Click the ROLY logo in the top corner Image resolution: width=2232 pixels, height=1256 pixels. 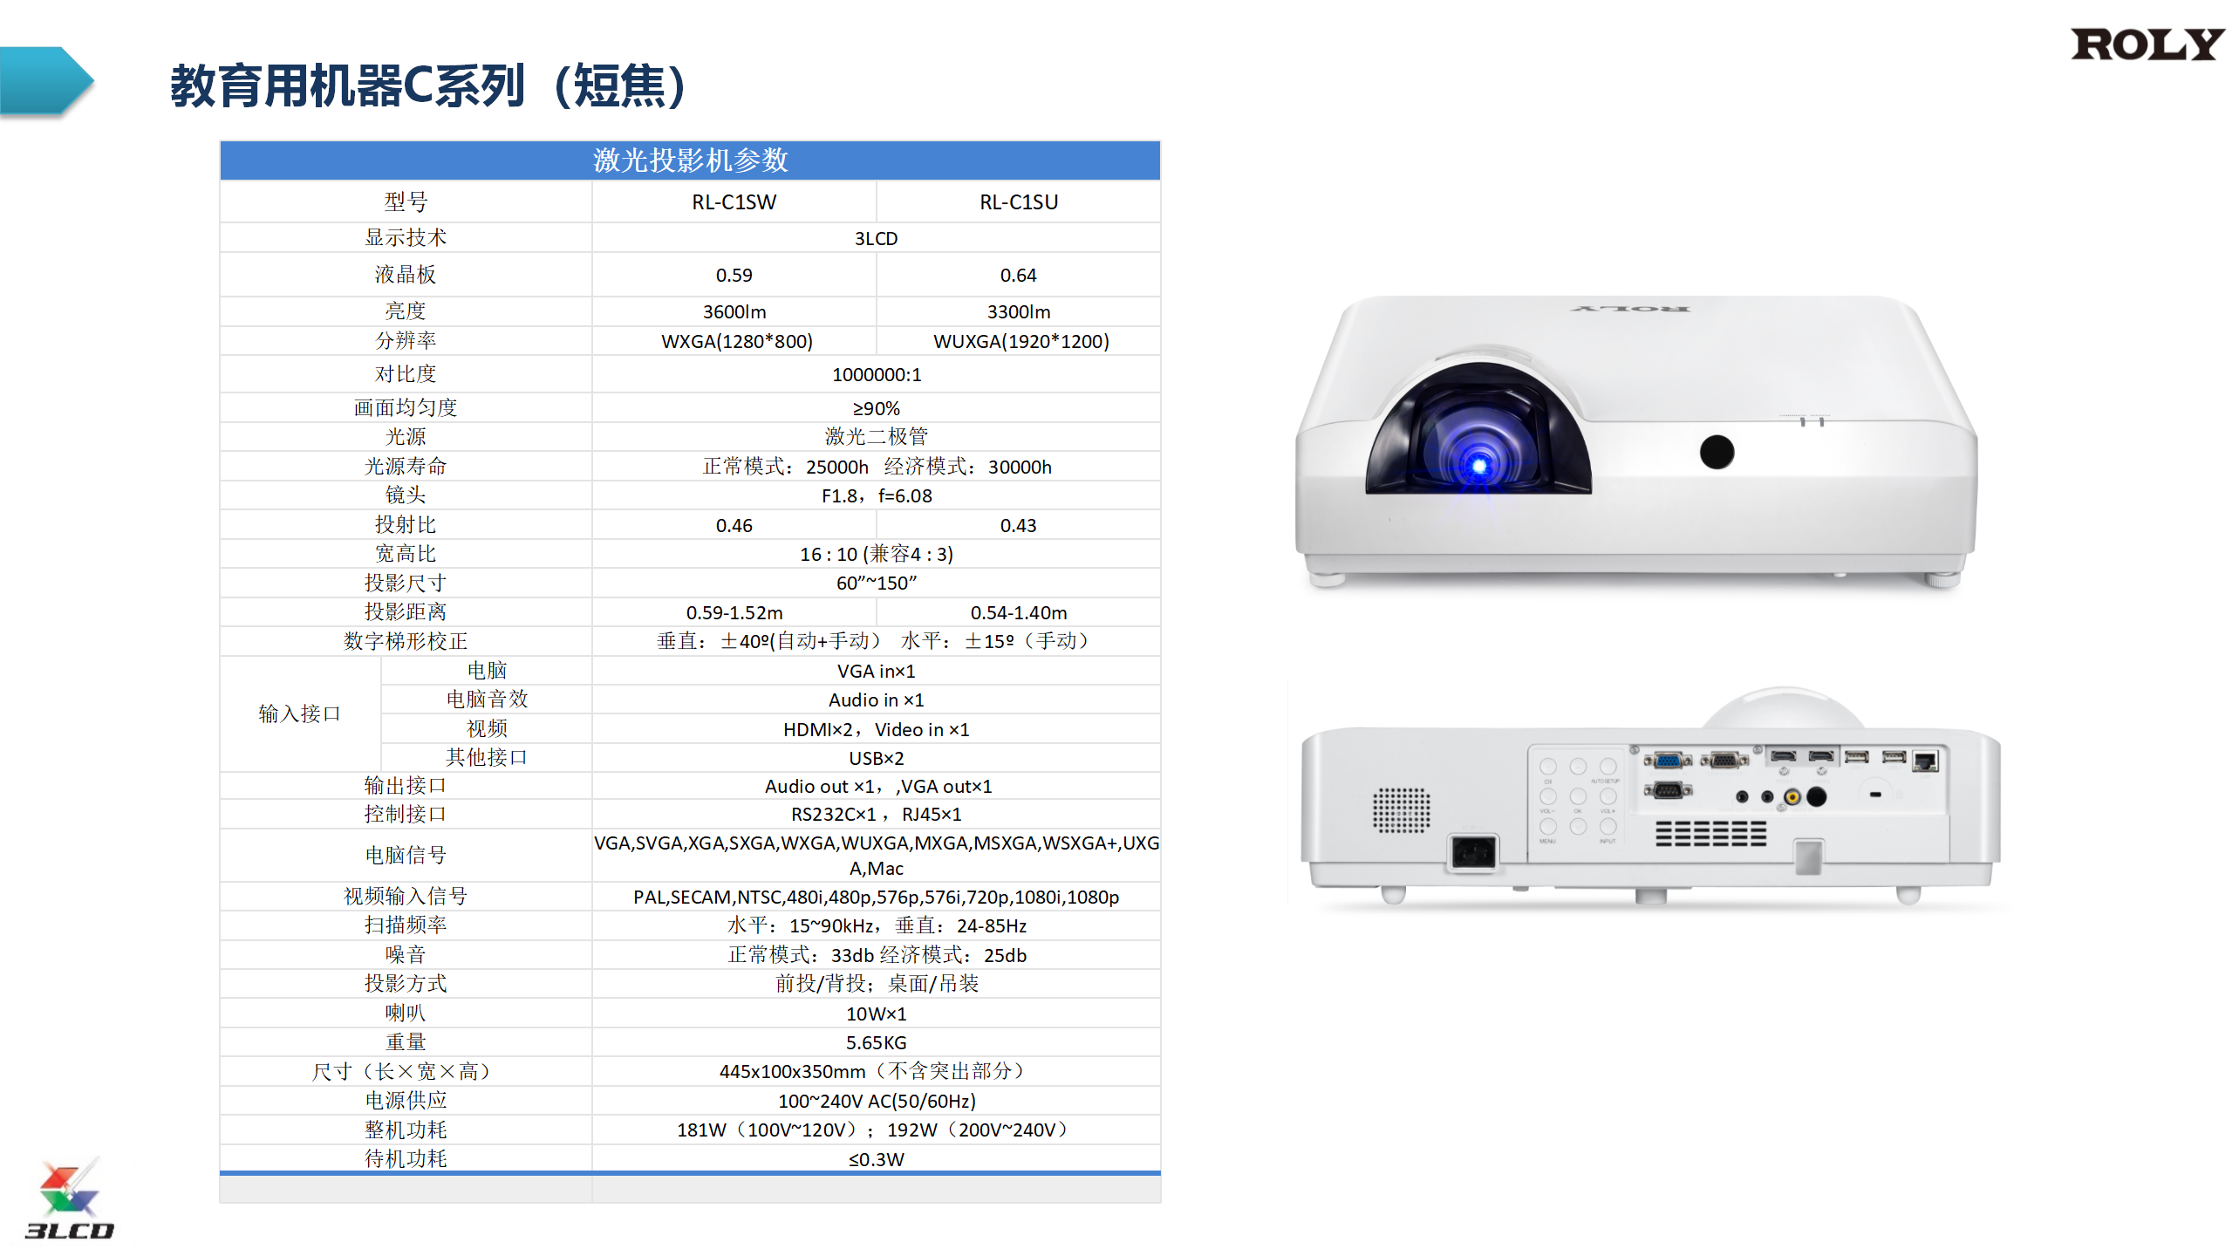tap(2147, 44)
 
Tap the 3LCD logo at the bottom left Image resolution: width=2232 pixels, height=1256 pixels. tap(69, 1198)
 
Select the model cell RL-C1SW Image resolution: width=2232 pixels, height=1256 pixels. tap(734, 202)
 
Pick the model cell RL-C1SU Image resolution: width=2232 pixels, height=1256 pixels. tap(1018, 202)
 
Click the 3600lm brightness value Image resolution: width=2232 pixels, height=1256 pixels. tap(734, 312)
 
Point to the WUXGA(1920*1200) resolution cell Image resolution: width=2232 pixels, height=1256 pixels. tap(1020, 341)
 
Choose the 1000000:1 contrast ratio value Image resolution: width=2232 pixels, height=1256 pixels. tap(876, 375)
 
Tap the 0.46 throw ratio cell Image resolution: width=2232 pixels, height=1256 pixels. tap(734, 526)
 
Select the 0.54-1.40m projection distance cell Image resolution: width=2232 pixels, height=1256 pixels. tap(1018, 613)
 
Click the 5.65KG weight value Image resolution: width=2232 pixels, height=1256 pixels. tap(876, 1043)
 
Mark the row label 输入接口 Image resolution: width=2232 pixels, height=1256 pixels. tap(299, 713)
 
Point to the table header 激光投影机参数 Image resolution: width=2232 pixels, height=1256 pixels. tap(690, 160)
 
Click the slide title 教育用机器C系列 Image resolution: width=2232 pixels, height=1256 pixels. tap(347, 86)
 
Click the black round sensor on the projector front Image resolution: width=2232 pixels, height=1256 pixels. tap(1717, 452)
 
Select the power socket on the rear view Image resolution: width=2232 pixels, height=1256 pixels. tap(1472, 852)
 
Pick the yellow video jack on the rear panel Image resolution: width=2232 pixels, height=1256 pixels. tap(1792, 797)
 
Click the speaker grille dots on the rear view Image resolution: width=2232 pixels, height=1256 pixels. tap(1401, 810)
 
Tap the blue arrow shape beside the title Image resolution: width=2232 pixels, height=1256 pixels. tap(46, 81)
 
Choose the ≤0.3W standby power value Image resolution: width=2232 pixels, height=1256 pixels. tap(876, 1160)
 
